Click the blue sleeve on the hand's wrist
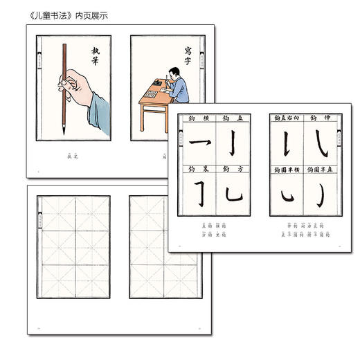click(x=97, y=104)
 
